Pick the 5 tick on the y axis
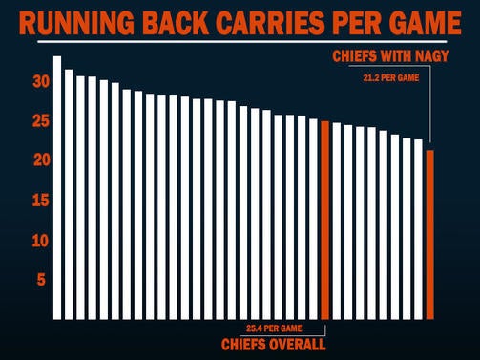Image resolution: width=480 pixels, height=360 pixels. point(40,280)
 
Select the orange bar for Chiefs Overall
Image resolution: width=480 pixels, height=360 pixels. point(325,220)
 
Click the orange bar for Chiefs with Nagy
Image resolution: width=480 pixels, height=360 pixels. point(430,234)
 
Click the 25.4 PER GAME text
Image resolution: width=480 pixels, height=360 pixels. point(272,328)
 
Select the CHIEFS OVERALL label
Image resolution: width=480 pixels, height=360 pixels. point(273,344)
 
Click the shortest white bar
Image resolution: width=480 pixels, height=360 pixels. point(418,229)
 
